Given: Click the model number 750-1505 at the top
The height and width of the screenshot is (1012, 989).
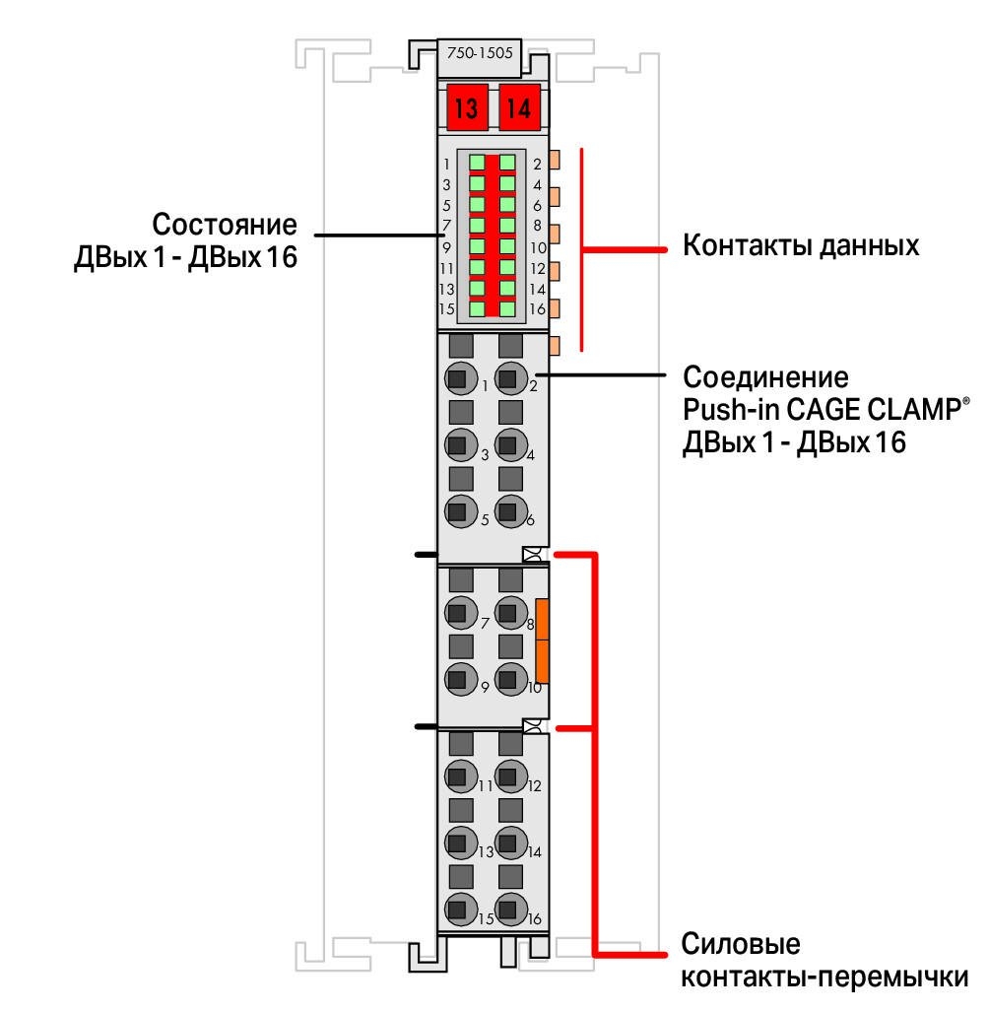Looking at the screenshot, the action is [480, 52].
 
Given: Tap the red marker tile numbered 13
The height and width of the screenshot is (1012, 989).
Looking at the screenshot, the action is [467, 107].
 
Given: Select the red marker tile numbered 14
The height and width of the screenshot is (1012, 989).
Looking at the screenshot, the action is [519, 107].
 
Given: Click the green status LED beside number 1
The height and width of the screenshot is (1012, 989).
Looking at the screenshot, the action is [477, 163].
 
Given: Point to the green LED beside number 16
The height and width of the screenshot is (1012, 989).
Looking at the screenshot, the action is [507, 309].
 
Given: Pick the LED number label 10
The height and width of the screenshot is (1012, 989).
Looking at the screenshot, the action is [538, 248].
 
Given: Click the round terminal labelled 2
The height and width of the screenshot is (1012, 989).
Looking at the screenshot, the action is [511, 378].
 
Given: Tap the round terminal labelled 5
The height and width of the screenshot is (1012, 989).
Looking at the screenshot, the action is [461, 511].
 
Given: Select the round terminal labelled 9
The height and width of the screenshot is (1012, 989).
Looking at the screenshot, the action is [461, 679].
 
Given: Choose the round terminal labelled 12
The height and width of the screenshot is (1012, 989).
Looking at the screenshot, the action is [511, 776].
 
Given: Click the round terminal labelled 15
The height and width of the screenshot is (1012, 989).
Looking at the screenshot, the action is [461, 910].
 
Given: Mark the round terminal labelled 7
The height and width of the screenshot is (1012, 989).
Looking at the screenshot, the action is [461, 613].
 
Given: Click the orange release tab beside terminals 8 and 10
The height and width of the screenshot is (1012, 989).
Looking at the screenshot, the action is [542, 641].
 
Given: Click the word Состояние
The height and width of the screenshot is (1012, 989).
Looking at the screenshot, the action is [225, 225].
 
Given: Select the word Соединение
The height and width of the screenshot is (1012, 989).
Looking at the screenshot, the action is [765, 377].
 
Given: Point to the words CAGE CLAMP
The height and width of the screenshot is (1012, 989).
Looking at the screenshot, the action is [874, 409].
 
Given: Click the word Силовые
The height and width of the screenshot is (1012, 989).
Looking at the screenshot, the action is [741, 944].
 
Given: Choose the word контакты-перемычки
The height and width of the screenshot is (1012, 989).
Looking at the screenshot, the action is [824, 978].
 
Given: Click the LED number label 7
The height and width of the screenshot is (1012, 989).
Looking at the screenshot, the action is [446, 227].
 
